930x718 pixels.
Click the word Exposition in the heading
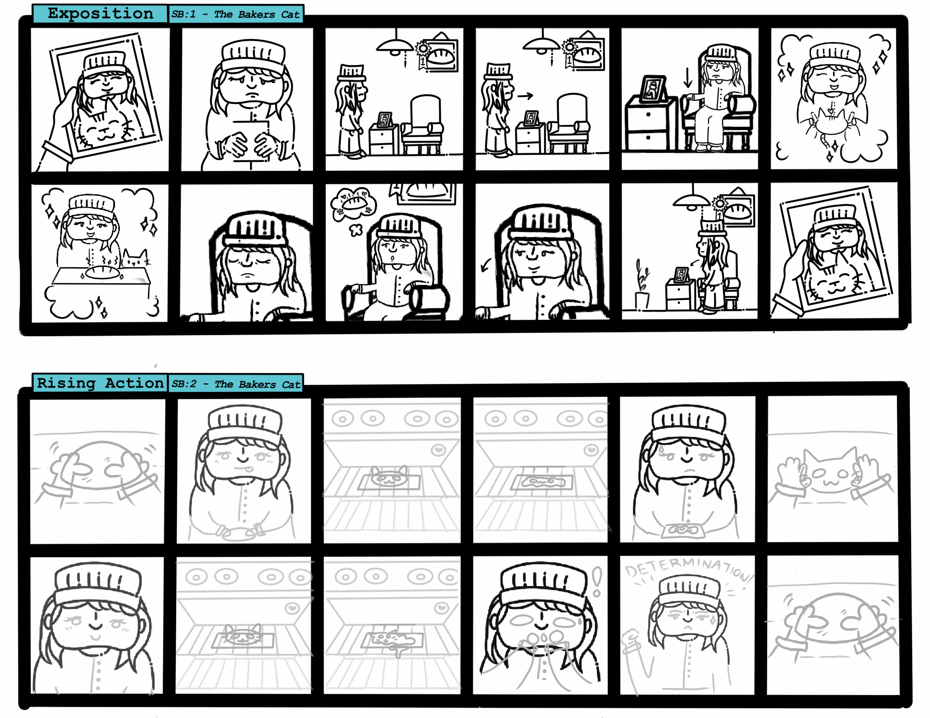pos(101,14)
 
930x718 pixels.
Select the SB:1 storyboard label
pos(183,14)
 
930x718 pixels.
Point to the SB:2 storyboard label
pos(184,384)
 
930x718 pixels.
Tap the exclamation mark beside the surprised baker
pos(597,582)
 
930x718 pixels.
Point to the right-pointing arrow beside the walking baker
pos(525,96)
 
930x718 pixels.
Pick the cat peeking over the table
pos(136,259)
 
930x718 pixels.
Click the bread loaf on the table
pos(102,272)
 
